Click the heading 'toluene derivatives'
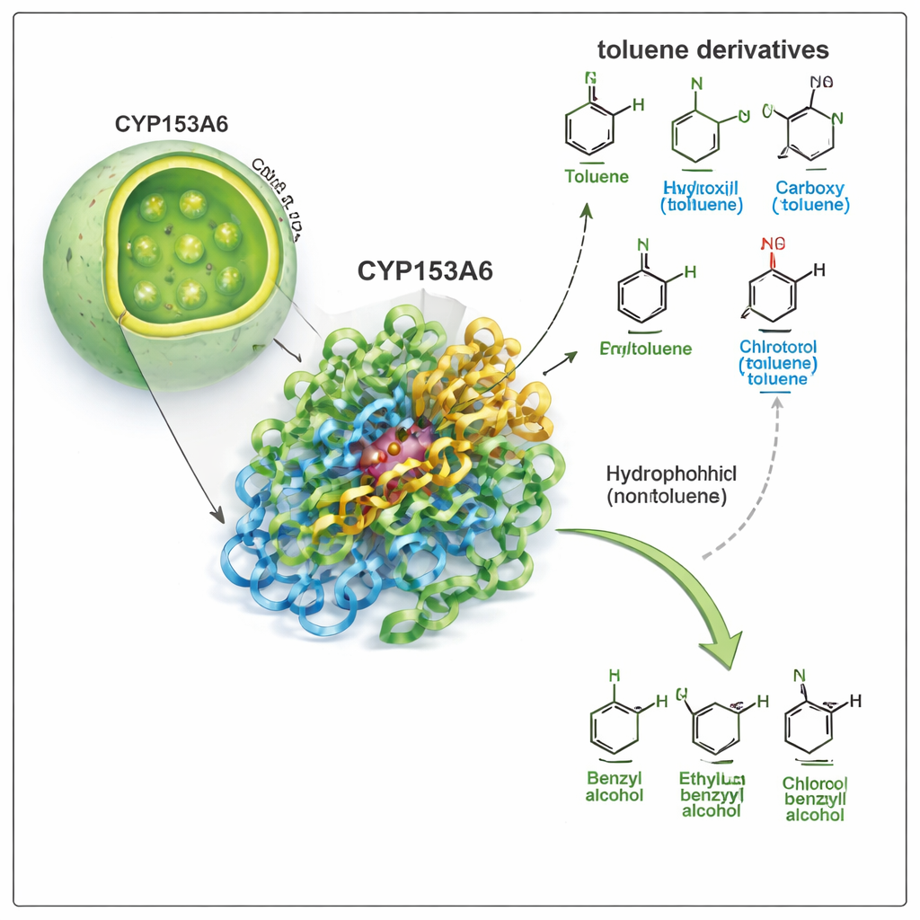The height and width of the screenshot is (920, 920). point(712,49)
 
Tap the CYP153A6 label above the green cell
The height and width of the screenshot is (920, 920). point(172,124)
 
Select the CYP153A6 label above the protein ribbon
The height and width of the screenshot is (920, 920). point(425,271)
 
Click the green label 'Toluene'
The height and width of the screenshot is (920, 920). point(597,176)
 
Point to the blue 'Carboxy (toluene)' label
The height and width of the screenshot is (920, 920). point(810,196)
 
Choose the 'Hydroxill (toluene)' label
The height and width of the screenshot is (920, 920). point(702,196)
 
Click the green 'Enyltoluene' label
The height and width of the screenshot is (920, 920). point(645,348)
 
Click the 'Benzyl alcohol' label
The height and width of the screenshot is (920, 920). point(615,786)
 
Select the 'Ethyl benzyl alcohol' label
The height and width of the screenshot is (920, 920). point(712,794)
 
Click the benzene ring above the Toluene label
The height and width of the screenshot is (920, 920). point(590,128)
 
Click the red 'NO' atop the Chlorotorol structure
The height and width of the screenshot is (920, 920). point(772,243)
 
